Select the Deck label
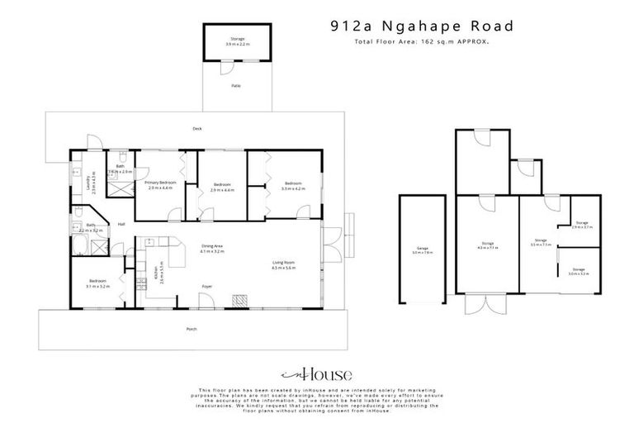pyautogui.click(x=196, y=129)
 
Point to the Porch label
pyautogui.click(x=192, y=330)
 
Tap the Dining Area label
pyautogui.click(x=212, y=248)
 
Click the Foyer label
pyautogui.click(x=207, y=286)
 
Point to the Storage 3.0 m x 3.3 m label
pyautogui.click(x=579, y=272)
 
